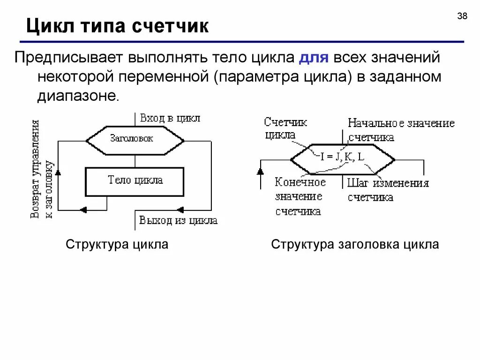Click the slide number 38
[462, 16]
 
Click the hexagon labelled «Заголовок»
[134, 139]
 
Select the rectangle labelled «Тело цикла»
[135, 181]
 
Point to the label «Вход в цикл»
[170, 118]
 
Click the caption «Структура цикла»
[117, 245]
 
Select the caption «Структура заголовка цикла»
[355, 245]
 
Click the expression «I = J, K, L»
[342, 157]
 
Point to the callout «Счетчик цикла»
[285, 128]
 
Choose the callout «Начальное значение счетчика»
[401, 130]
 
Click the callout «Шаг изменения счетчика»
[388, 190]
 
